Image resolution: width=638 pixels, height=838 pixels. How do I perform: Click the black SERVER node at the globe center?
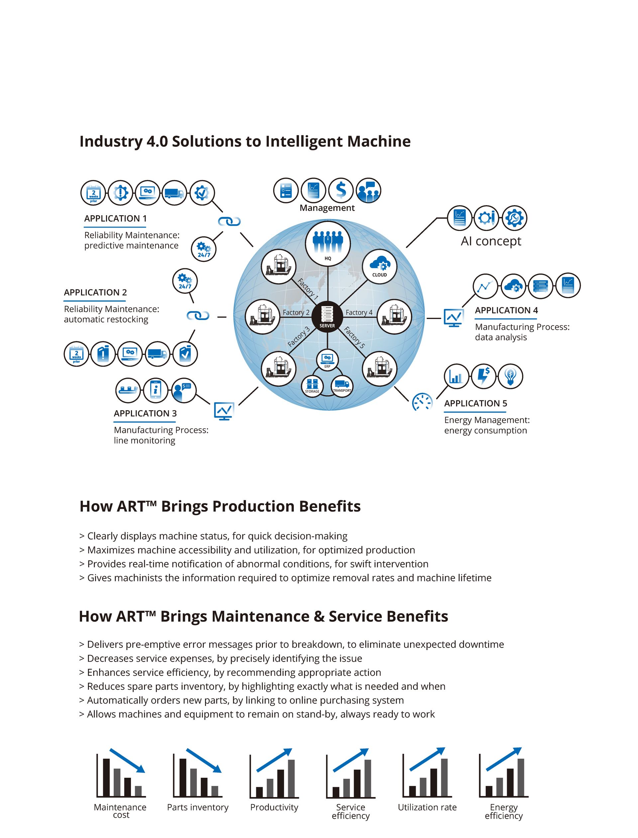327,316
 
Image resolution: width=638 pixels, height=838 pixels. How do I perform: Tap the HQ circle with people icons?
328,243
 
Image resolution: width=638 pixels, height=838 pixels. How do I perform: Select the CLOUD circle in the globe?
379,266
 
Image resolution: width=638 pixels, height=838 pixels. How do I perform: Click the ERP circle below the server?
327,359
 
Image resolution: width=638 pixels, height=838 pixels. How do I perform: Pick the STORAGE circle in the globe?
312,385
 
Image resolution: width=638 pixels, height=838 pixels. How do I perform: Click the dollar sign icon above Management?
341,190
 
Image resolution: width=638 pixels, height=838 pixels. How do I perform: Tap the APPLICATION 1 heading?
115,219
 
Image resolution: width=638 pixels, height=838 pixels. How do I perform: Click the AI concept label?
491,241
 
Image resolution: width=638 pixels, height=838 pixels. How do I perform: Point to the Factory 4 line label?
359,312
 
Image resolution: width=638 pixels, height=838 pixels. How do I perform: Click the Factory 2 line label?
296,312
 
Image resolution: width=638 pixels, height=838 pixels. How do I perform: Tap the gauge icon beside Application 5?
422,402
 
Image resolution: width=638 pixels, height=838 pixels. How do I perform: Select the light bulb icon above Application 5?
510,376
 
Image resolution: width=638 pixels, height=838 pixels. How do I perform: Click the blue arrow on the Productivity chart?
274,760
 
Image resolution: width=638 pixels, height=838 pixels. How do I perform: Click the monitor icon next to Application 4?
454,318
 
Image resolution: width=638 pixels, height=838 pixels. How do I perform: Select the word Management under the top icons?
327,208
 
